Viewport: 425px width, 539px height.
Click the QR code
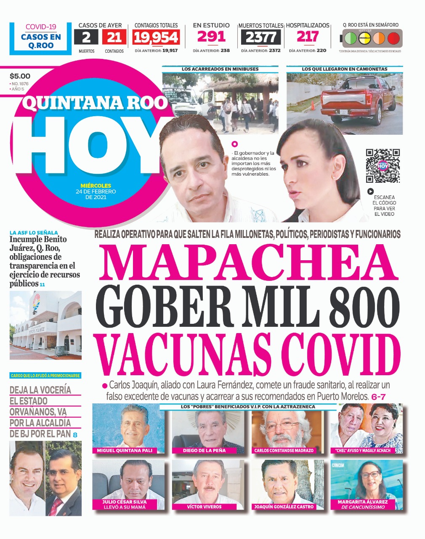tap(382, 165)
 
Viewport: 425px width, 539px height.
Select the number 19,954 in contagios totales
tap(156, 38)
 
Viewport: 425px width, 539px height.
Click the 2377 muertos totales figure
tap(260, 38)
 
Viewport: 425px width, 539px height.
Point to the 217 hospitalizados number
tap(307, 37)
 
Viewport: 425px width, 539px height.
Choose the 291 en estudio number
tap(211, 37)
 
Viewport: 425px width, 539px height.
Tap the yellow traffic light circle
tap(364, 38)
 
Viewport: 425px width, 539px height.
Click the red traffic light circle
tap(393, 38)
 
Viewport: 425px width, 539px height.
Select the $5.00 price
tap(20, 76)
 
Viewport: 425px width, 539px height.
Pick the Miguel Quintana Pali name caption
tap(125, 450)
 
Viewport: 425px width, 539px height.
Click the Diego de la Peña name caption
tap(205, 450)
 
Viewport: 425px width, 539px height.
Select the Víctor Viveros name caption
tap(204, 507)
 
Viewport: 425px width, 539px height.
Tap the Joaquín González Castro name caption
tap(284, 507)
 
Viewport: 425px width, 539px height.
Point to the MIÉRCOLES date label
tap(96, 185)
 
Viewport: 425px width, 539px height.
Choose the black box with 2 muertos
tap(86, 38)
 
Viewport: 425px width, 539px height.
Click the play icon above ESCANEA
tap(370, 191)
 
